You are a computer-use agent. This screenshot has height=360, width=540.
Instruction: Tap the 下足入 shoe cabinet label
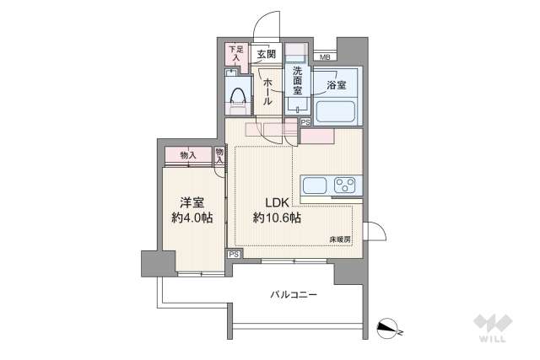[x=235, y=54]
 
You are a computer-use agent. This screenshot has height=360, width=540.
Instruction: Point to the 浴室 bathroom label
[x=336, y=85]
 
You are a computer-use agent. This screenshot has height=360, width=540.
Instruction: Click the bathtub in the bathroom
[x=337, y=111]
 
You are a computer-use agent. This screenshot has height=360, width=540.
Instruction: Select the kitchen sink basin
[x=313, y=185]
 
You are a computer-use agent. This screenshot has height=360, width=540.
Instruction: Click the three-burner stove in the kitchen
[x=345, y=185]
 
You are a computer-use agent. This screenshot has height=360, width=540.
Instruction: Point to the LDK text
[x=278, y=202]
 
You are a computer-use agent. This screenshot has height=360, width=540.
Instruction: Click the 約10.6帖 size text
[x=278, y=218]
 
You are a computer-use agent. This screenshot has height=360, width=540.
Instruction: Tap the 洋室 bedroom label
[x=192, y=202]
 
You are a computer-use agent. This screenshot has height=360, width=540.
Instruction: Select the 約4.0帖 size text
[x=192, y=218]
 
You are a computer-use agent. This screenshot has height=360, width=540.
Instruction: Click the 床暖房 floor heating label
[x=341, y=239]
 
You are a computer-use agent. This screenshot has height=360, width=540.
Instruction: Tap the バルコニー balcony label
[x=294, y=295]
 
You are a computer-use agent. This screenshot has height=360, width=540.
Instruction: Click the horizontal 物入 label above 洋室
[x=189, y=155]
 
